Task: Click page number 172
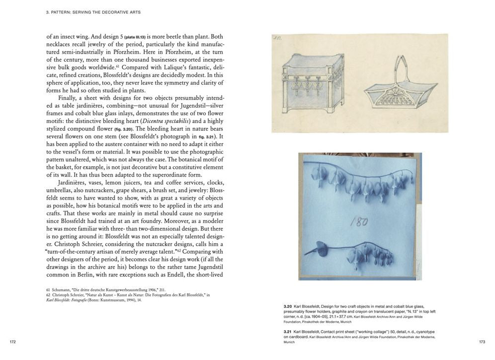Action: pos(13,342)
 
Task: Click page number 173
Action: pos(482,342)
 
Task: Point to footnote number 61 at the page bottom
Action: pos(48,289)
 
